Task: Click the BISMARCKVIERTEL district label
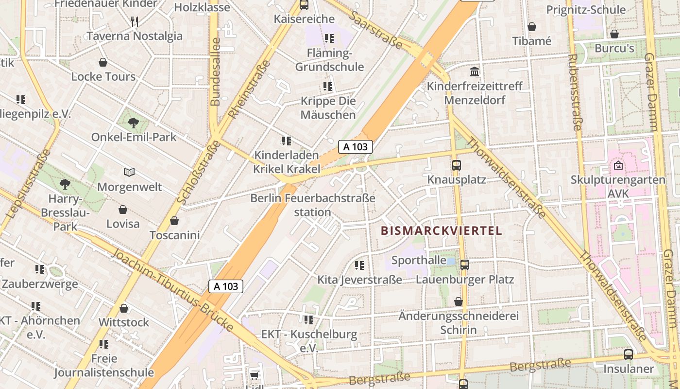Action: point(442,230)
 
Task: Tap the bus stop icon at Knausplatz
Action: point(456,165)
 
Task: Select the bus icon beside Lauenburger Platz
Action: point(465,265)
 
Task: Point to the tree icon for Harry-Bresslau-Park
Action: point(65,184)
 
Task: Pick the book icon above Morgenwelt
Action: point(129,172)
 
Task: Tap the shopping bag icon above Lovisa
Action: point(123,210)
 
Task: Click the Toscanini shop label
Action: point(175,235)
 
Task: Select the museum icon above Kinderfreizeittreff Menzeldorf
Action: point(475,72)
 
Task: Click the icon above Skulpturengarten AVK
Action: point(618,165)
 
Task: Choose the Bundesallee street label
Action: point(216,71)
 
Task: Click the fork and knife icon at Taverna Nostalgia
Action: point(135,21)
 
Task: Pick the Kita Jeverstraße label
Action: point(359,280)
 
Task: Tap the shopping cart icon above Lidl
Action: point(254,375)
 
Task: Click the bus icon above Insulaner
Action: point(629,354)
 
